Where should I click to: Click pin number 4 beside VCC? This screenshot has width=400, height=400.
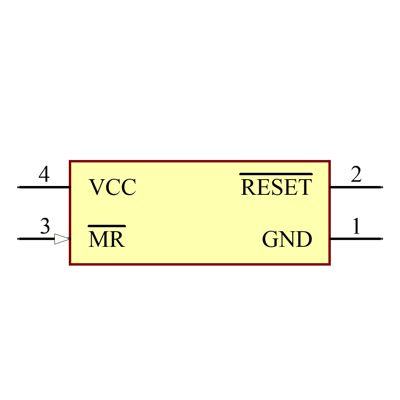(x=44, y=175)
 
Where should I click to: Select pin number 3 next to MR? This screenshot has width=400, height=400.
(x=45, y=226)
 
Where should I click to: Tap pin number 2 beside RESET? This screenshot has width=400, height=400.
(x=356, y=175)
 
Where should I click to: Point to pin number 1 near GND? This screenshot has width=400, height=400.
(x=356, y=226)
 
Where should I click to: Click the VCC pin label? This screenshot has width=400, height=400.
(x=112, y=187)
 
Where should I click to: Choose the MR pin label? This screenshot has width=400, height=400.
(x=106, y=239)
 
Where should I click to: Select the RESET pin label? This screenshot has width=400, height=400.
(x=276, y=187)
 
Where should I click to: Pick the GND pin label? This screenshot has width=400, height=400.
(x=287, y=239)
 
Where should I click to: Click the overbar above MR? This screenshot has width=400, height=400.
(x=107, y=226)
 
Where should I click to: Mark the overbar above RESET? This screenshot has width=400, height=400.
(x=276, y=174)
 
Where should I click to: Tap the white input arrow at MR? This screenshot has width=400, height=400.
(x=62, y=239)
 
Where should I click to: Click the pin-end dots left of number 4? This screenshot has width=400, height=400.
(x=18, y=187)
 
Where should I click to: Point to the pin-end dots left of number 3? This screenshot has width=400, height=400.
(x=18, y=239)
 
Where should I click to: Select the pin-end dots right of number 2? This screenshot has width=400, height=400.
(x=382, y=187)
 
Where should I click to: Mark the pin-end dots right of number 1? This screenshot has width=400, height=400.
(x=382, y=239)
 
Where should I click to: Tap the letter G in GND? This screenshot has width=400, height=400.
(x=271, y=239)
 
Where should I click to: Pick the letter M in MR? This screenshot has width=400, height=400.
(x=98, y=239)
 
